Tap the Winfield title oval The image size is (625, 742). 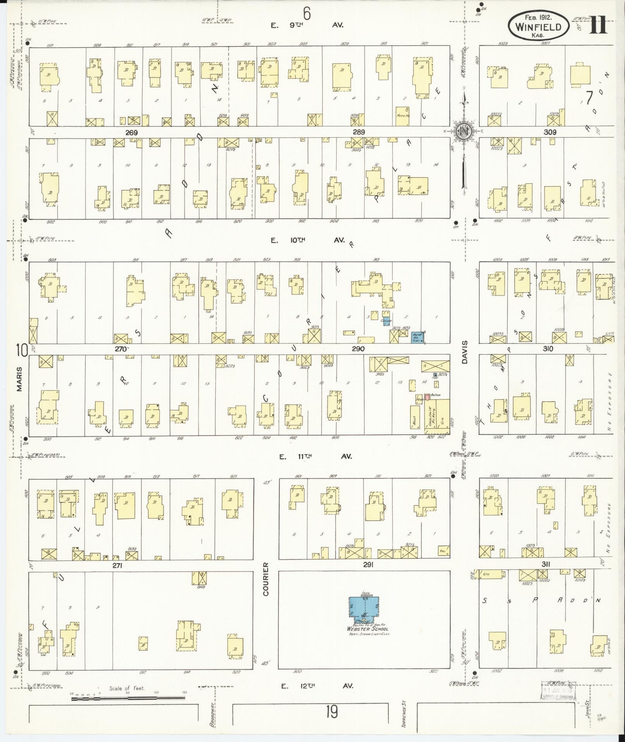(x=539, y=26)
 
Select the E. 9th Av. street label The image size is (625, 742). (x=307, y=26)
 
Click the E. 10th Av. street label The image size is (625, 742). (x=309, y=240)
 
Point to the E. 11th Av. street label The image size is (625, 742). (x=315, y=457)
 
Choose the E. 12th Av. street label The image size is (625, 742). (x=317, y=686)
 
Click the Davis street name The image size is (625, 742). (x=465, y=352)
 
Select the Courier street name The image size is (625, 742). (x=266, y=579)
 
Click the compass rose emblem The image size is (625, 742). (x=463, y=131)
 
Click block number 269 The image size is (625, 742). (x=131, y=133)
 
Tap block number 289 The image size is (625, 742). (x=358, y=133)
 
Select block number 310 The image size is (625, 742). (x=548, y=349)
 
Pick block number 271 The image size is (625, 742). (x=117, y=566)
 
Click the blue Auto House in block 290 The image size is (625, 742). (x=417, y=337)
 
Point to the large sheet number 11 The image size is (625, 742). (x=598, y=26)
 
